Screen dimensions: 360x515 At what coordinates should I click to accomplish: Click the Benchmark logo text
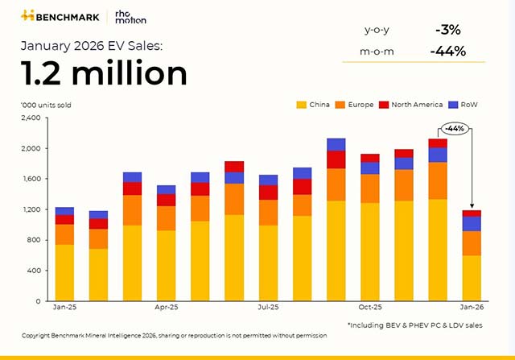point(67,16)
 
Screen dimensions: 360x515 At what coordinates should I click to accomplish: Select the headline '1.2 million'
point(104,73)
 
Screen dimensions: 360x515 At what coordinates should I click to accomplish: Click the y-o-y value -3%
point(447,30)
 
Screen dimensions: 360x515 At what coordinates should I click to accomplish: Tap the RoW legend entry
point(469,106)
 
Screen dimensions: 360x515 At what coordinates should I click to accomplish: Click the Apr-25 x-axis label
point(167,308)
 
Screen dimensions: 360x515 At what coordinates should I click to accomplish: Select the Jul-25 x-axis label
point(268,308)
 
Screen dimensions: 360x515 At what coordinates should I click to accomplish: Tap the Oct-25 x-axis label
point(369,308)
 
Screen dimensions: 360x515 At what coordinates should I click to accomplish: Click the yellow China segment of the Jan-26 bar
point(472,278)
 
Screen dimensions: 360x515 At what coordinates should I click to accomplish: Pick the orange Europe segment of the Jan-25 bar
point(65,234)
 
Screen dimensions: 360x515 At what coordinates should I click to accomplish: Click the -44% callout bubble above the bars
point(455,128)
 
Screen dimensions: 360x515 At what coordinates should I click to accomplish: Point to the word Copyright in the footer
point(38,334)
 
